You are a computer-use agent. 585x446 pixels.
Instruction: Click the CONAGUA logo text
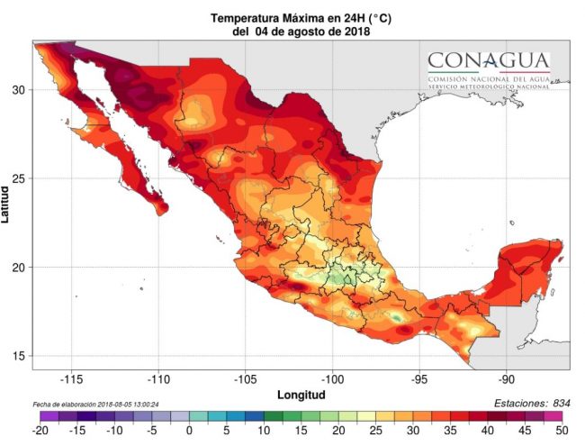coord(489,61)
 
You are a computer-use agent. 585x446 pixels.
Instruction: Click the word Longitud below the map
coord(301,395)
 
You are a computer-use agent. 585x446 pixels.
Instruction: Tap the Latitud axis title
coord(4,205)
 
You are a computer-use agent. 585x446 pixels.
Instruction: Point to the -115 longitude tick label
coord(71,380)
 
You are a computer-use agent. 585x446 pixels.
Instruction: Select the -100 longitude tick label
coord(332,380)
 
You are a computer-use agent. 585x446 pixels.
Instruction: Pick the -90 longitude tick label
coord(507,380)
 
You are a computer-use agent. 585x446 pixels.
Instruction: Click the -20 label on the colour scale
coord(40,431)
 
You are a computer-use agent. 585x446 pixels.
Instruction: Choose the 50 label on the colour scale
coord(562,431)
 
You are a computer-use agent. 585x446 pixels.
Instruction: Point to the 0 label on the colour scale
coord(189,431)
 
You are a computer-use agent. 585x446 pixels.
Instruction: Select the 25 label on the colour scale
coord(375,431)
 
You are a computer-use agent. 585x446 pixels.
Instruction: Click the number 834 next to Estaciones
coord(562,404)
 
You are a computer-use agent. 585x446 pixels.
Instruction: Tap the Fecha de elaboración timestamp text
coord(96,405)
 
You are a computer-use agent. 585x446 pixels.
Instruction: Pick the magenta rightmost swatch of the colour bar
coord(553,416)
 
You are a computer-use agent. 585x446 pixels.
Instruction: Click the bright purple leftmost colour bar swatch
coord(49,416)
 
